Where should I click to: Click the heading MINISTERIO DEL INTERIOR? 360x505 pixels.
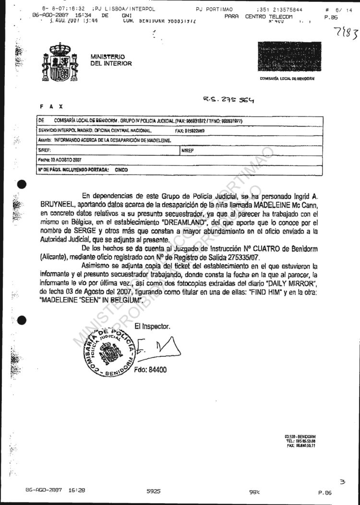(111, 60)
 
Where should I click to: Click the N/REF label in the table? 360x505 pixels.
(188, 150)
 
